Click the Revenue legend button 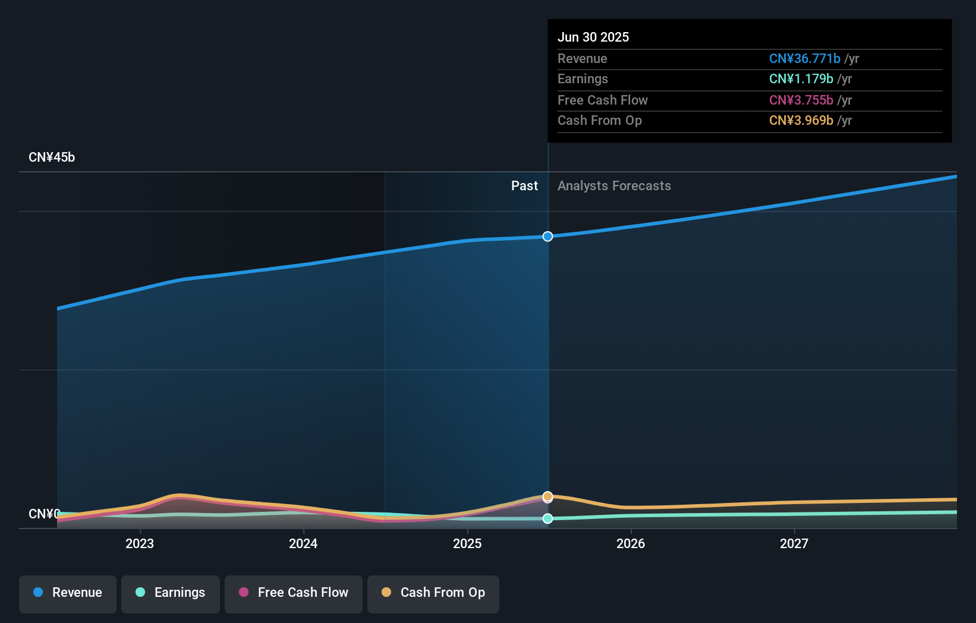click(68, 593)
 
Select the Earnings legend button click(171, 593)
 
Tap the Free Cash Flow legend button click(294, 593)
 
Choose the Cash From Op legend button click(433, 593)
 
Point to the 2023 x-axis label click(140, 543)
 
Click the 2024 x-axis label click(303, 543)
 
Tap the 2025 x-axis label click(467, 543)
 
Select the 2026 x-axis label click(631, 543)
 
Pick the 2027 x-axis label click(794, 543)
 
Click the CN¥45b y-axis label click(52, 158)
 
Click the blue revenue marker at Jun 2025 click(547, 237)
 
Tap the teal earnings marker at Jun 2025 click(547, 518)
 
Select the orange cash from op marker click(547, 496)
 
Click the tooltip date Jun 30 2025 click(593, 37)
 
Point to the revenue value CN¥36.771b click(804, 58)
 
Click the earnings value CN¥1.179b click(801, 79)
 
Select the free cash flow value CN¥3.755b click(801, 100)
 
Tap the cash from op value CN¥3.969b click(801, 121)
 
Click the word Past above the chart click(524, 186)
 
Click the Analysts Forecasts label click(614, 186)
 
